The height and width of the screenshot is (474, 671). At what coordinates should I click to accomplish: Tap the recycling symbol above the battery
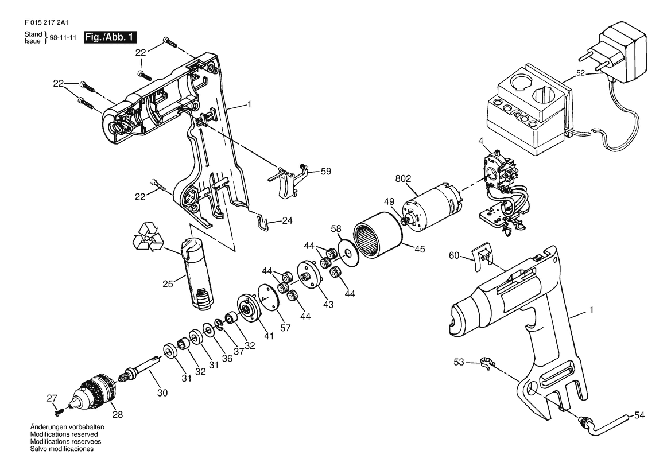(x=148, y=236)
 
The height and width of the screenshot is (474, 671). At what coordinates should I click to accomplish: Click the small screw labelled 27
(x=59, y=411)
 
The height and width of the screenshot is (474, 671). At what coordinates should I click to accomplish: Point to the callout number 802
(x=403, y=179)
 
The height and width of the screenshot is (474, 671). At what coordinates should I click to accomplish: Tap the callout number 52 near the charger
(x=580, y=73)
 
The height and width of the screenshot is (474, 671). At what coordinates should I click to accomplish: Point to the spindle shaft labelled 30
(x=143, y=365)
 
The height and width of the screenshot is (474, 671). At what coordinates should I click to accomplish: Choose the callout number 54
(x=639, y=415)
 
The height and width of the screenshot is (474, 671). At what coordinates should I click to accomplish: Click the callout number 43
(x=328, y=304)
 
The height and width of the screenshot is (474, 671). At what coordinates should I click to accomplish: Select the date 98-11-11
(x=63, y=38)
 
